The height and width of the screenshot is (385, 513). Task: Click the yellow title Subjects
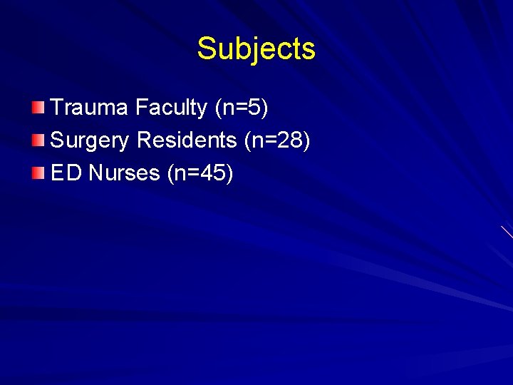(x=256, y=49)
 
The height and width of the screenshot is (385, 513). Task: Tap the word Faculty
(x=172, y=108)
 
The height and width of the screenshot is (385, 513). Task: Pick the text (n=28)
(x=277, y=140)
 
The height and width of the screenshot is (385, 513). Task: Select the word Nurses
(x=124, y=173)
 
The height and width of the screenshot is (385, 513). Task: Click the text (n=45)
(x=200, y=173)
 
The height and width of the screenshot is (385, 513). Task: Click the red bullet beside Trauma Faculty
(x=38, y=108)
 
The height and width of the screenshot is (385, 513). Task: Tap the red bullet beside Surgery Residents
(x=38, y=140)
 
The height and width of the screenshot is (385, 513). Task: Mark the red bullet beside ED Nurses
(x=38, y=173)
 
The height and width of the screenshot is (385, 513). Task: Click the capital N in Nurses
(x=96, y=173)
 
